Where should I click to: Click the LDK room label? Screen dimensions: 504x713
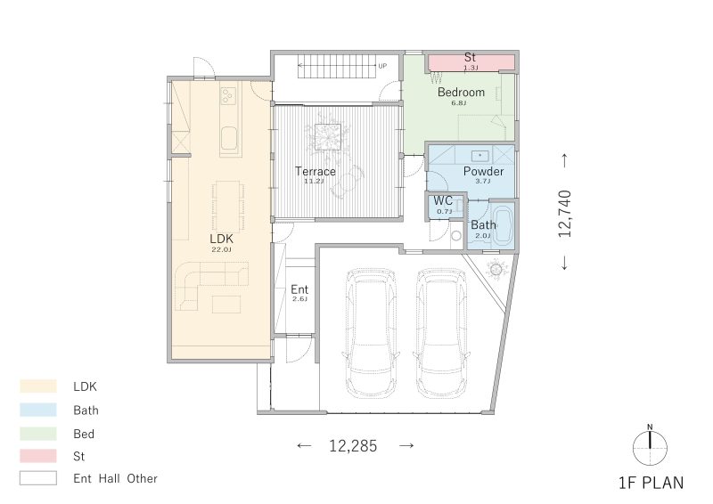pyautogui.click(x=221, y=239)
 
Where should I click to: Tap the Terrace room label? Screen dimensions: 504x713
pyautogui.click(x=316, y=171)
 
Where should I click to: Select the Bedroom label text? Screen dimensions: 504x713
pyautogui.click(x=461, y=93)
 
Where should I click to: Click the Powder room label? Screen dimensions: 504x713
pyautogui.click(x=483, y=171)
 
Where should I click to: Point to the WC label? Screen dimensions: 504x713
pyautogui.click(x=444, y=201)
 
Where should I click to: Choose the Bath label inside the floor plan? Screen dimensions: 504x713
pyautogui.click(x=483, y=225)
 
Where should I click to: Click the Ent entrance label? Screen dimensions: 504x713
pyautogui.click(x=299, y=290)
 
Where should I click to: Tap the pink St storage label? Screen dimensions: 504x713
pyautogui.click(x=471, y=58)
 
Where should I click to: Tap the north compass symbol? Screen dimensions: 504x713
pyautogui.click(x=651, y=443)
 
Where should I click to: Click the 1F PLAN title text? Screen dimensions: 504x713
pyautogui.click(x=651, y=484)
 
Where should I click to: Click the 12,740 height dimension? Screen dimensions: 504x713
pyautogui.click(x=564, y=212)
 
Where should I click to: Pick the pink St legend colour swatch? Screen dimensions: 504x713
pyautogui.click(x=38, y=456)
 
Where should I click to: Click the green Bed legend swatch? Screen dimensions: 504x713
pyautogui.click(x=38, y=434)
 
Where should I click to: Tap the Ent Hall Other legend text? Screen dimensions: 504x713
pyautogui.click(x=115, y=479)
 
